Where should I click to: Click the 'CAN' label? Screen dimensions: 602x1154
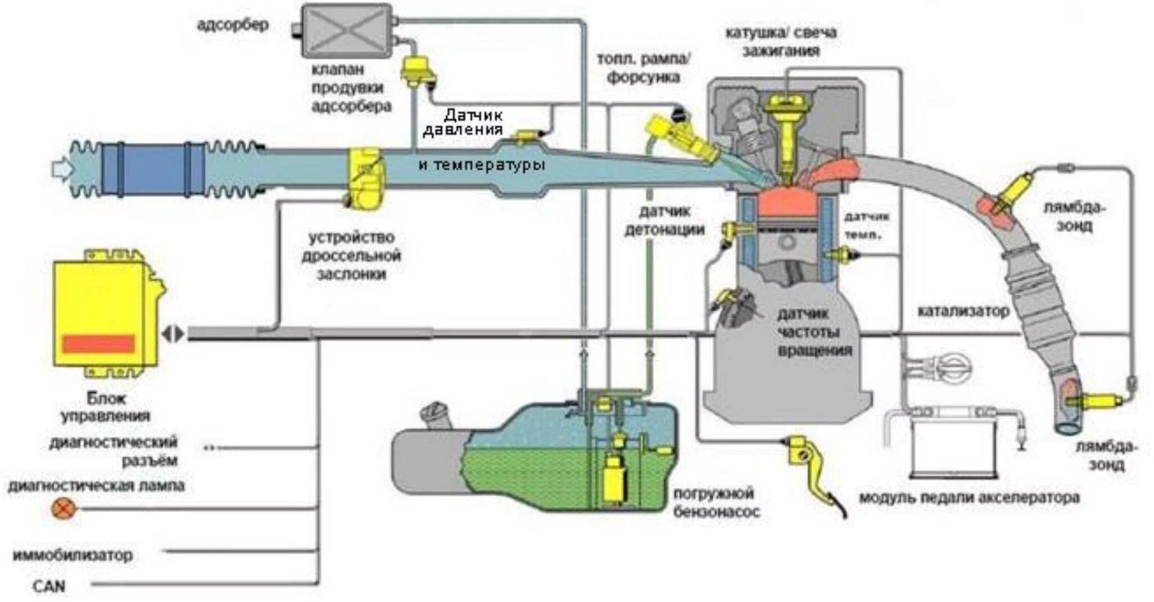49,586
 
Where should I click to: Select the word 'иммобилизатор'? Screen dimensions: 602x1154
73,555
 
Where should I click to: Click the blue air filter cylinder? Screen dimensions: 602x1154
153,169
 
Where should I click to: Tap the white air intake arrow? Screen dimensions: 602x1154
59,169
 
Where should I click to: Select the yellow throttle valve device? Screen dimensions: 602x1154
366,179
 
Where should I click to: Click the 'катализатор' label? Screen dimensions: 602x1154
963,311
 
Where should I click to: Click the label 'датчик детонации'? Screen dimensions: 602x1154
664,221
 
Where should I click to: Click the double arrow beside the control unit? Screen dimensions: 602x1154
172,334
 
